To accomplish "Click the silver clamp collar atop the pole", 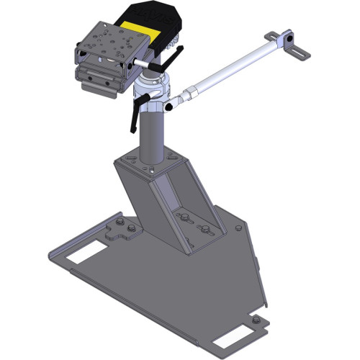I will tap(153, 93).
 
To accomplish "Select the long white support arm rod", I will tap(230, 68).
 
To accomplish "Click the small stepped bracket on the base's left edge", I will tap(120, 230).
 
